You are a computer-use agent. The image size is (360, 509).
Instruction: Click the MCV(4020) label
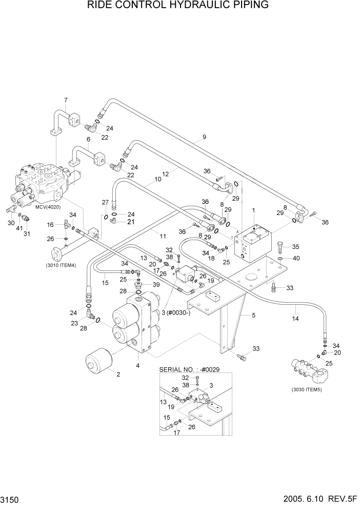48,207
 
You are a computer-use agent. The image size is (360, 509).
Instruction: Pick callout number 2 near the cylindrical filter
118,374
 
